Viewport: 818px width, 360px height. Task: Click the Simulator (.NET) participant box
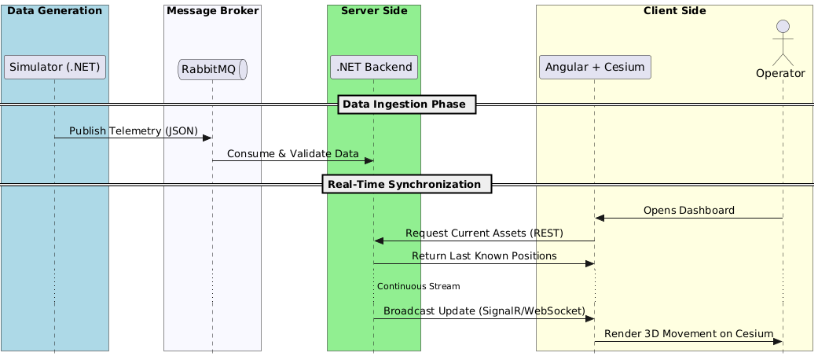coord(55,68)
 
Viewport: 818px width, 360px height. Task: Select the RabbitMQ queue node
coord(212,70)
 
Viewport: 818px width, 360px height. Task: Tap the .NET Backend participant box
coord(374,68)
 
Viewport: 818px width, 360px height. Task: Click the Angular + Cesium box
coord(595,68)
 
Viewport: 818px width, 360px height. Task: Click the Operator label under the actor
coord(783,73)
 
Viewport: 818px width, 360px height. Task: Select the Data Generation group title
coord(55,11)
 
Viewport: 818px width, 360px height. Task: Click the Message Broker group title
coord(212,11)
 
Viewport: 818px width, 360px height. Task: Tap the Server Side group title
coord(374,11)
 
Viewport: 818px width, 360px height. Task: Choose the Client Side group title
coord(674,11)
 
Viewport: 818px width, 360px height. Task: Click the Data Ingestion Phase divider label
coord(407,105)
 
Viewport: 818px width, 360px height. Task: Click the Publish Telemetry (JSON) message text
coord(133,130)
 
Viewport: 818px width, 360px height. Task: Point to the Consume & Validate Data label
coord(292,153)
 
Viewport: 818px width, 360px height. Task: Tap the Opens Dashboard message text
coord(688,210)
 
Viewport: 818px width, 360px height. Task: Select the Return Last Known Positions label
coord(484,255)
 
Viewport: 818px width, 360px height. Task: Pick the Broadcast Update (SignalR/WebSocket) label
coord(484,310)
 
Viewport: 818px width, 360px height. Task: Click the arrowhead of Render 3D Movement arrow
coord(778,341)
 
